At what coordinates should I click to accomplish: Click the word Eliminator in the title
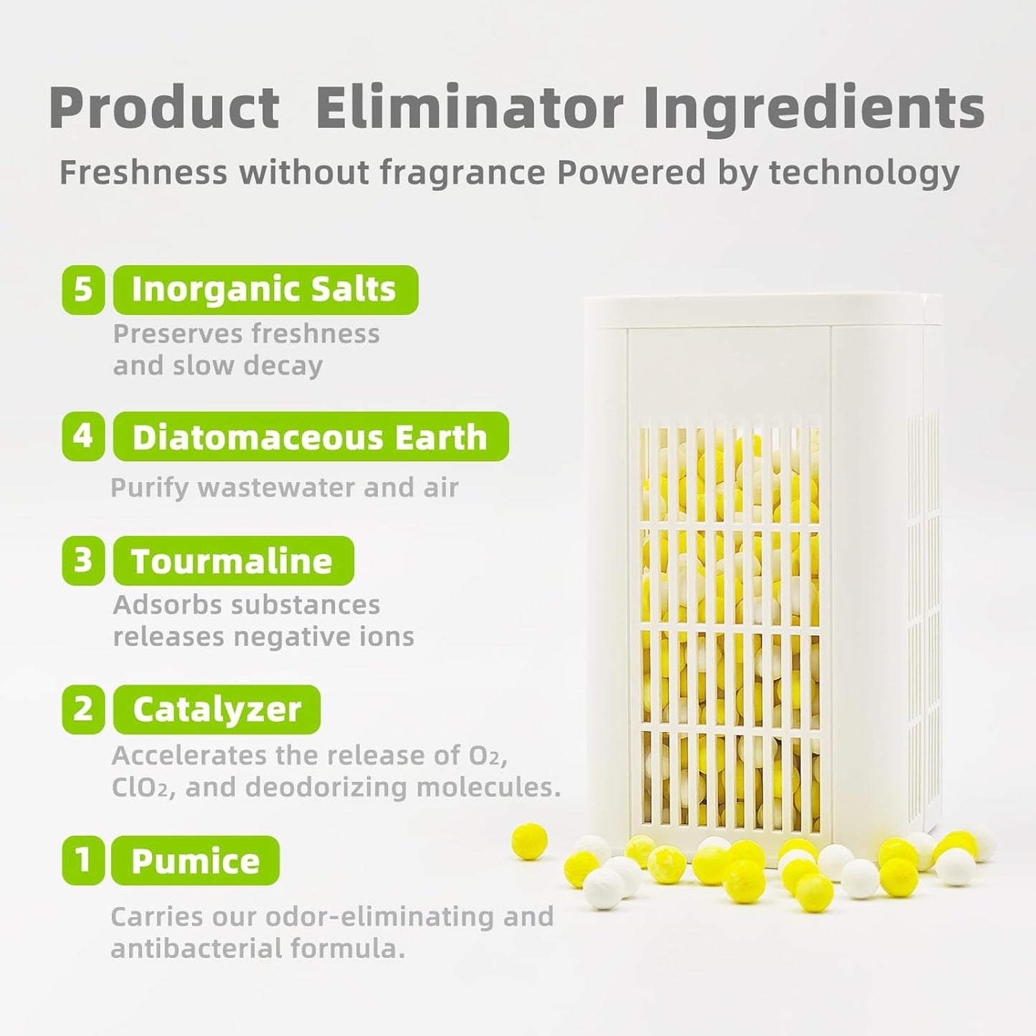[469, 108]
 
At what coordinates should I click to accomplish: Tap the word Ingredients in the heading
[814, 108]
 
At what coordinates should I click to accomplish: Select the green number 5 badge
[83, 290]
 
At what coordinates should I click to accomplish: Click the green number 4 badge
[83, 436]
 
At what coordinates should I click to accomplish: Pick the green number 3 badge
[83, 561]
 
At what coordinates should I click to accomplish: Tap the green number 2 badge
[83, 709]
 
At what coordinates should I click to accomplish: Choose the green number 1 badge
[83, 860]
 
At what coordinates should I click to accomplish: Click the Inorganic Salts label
[265, 290]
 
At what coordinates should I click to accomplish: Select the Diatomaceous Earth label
[310, 437]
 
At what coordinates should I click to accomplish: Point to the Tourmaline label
[232, 561]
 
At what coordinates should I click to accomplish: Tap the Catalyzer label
[217, 710]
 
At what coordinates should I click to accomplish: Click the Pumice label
[195, 860]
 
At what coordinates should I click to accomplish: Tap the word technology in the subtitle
[864, 173]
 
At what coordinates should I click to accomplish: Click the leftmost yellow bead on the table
[530, 841]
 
